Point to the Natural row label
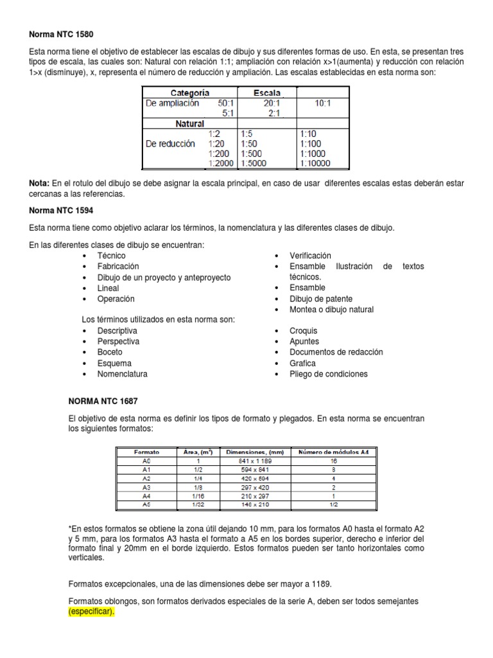(189, 123)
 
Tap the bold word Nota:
(40, 184)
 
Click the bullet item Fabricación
(118, 266)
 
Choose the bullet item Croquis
(304, 330)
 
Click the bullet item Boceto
(110, 352)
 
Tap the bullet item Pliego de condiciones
(329, 374)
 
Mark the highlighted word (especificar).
(91, 610)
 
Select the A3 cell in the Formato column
(147, 488)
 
